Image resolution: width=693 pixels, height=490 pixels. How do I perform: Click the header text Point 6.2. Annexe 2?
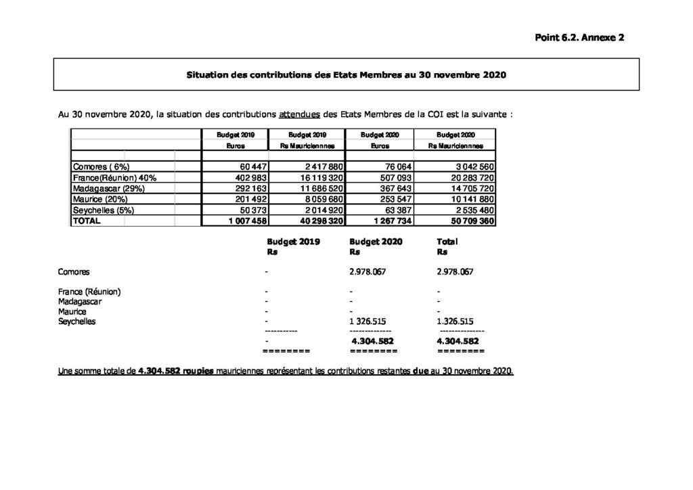point(579,38)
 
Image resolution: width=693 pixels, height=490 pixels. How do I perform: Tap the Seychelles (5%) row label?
point(104,210)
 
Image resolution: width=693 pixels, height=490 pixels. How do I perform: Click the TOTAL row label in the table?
point(87,221)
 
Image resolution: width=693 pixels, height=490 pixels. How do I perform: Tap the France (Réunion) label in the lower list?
point(90,292)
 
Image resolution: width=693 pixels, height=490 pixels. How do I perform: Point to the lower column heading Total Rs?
point(447,246)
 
